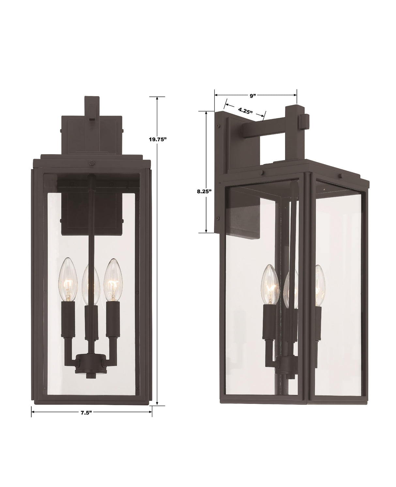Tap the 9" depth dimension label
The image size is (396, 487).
click(252, 96)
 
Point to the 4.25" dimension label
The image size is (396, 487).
click(246, 111)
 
